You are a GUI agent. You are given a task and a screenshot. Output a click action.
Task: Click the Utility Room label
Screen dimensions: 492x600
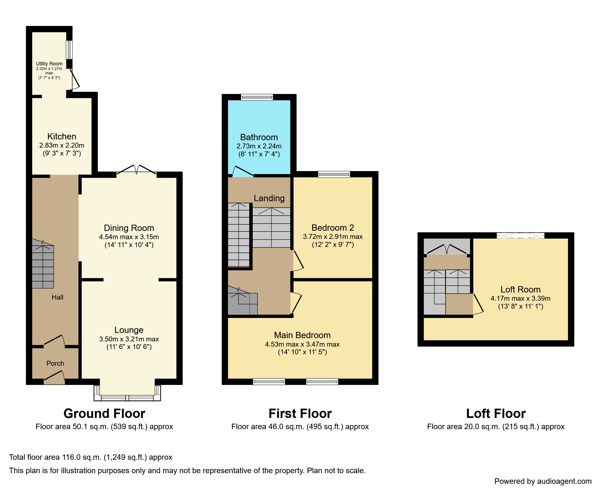pos(49,64)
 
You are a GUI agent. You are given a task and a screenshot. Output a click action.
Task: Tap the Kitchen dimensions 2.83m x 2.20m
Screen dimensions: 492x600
pos(61,145)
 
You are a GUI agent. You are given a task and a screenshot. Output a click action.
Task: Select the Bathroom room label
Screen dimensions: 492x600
pos(259,137)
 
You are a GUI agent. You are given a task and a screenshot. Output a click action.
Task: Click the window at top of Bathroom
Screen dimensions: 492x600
pos(257,97)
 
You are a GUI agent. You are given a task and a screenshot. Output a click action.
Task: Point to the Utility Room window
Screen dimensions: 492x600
pos(69,50)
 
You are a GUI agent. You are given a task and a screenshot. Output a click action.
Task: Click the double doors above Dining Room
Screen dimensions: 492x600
pos(137,170)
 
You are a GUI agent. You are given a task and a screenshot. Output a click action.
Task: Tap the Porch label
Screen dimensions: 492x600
pos(55,363)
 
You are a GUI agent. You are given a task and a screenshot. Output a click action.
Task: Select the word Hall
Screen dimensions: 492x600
pos(57,297)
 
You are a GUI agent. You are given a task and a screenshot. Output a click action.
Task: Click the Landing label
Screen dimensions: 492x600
pos(269,198)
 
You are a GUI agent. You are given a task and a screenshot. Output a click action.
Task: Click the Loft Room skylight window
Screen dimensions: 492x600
pos(520,235)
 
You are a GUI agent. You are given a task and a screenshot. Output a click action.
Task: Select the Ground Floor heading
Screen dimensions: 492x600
pos(104,414)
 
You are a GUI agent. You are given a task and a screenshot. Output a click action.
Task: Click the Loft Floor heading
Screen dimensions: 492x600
pos(496,414)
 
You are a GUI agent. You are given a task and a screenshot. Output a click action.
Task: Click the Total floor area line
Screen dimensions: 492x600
pos(91,457)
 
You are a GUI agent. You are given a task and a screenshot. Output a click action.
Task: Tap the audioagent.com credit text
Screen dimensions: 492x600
pos(543,481)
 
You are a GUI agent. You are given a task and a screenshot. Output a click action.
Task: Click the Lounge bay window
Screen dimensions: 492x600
pos(127,398)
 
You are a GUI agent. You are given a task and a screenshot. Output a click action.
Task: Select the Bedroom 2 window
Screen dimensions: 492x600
pos(334,174)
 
